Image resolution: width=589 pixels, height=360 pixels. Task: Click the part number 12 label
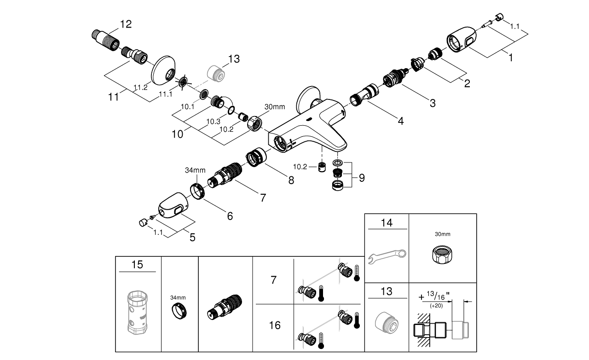click(x=125, y=24)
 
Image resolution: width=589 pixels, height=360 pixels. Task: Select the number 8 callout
click(x=291, y=180)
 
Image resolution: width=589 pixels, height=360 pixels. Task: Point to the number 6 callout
click(x=229, y=215)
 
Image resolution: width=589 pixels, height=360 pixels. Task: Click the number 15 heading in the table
click(x=137, y=265)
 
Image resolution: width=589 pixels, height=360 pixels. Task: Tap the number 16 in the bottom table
click(x=274, y=325)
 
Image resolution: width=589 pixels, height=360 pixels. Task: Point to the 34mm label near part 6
click(x=195, y=170)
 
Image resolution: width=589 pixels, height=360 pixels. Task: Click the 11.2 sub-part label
click(x=141, y=87)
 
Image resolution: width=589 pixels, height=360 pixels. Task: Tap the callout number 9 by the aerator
click(x=362, y=177)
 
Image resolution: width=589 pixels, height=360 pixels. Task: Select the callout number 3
click(x=432, y=103)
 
